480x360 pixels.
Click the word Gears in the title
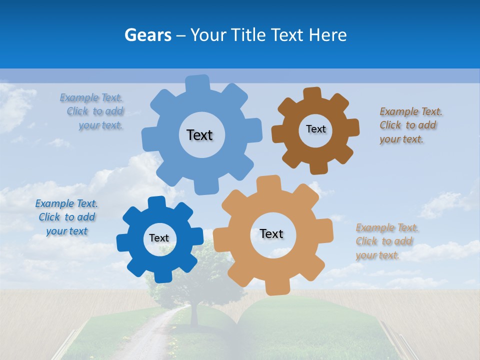tap(148, 34)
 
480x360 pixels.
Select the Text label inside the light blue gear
tap(199, 135)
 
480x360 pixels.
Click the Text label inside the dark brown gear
tap(315, 129)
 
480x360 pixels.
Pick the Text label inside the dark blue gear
tap(159, 238)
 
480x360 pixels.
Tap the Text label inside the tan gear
tap(271, 233)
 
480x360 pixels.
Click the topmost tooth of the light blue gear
tap(197, 83)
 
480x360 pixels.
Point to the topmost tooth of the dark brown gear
tap(312, 94)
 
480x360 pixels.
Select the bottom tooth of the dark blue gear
tap(160, 275)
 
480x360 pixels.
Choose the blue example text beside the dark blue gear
tap(66, 217)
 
